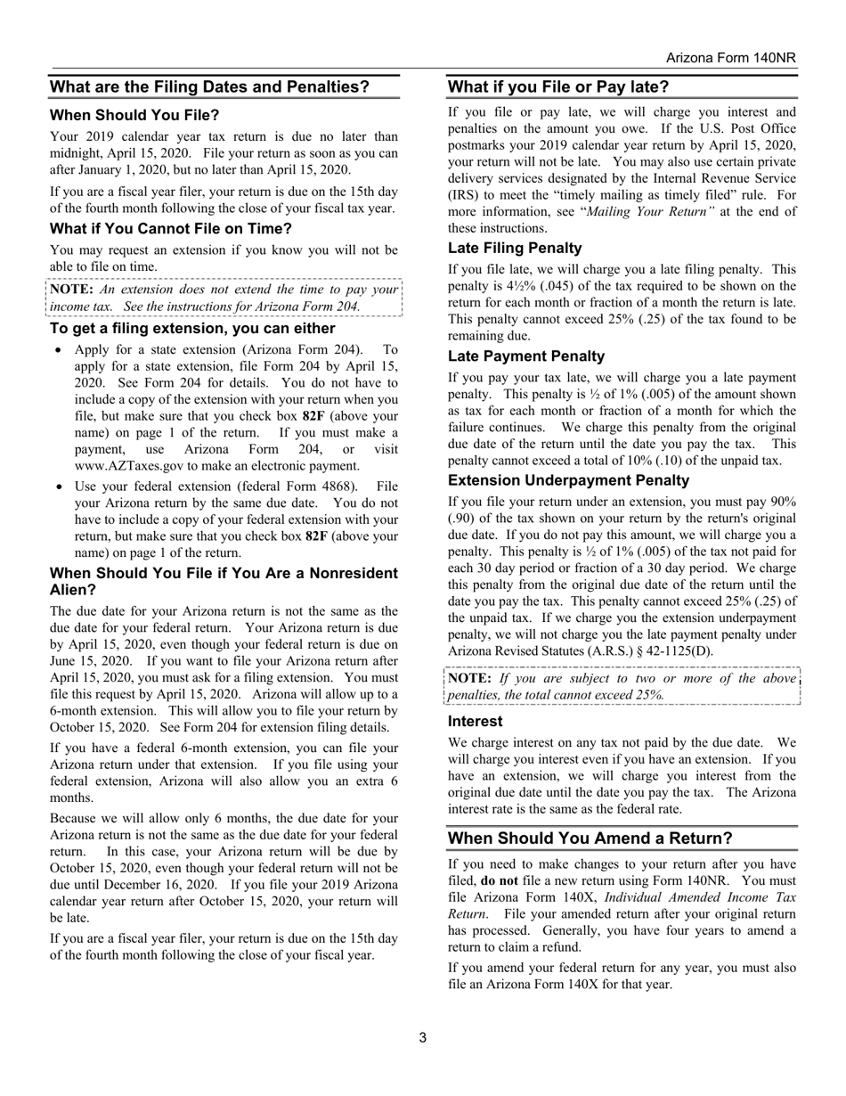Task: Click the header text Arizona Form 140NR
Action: (730, 58)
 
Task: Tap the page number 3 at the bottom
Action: (422, 1037)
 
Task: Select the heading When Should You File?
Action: (134, 115)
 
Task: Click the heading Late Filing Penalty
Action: (515, 248)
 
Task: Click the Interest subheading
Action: (475, 721)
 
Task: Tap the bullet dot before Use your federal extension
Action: (58, 487)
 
